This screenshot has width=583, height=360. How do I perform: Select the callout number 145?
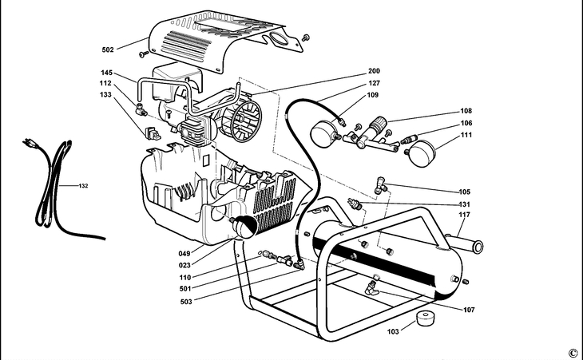pos(105,71)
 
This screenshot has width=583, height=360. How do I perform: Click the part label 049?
pos(184,254)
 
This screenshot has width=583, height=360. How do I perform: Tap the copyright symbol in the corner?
pos(572,352)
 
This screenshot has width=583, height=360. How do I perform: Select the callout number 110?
pos(184,278)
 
